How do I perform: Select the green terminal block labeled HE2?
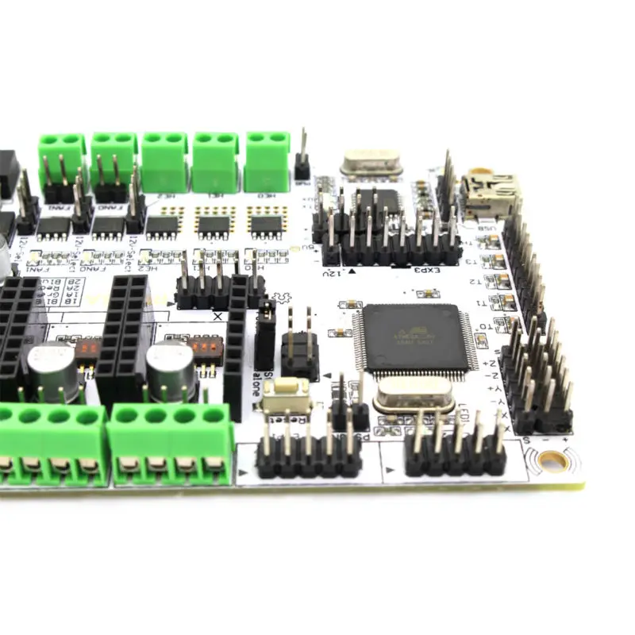tap(165, 161)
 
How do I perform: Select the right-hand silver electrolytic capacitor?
tap(171, 368)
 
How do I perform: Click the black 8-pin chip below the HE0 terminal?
tap(267, 224)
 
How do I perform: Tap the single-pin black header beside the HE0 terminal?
tap(302, 164)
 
